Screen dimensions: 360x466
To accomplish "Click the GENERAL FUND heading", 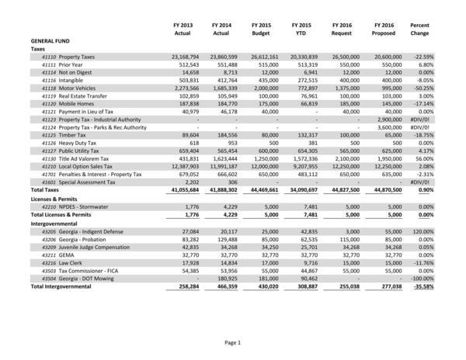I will [x=53, y=40].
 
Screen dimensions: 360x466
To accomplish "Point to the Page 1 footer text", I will [x=233, y=342].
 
